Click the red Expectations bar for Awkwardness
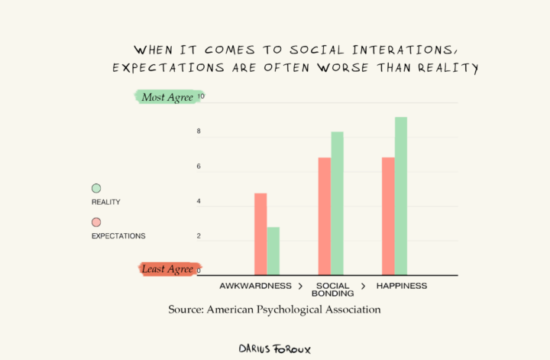coord(260,234)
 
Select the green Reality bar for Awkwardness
coord(273,251)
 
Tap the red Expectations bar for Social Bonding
coord(325,216)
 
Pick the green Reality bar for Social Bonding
coord(337,203)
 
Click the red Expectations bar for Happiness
coord(388,216)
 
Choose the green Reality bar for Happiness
coord(401,196)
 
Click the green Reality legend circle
coord(96,188)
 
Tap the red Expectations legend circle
coord(96,222)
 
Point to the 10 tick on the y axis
coord(200,97)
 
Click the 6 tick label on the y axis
coord(199,167)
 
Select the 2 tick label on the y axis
coord(199,236)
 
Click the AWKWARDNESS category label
coord(255,286)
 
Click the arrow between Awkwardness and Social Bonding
coord(301,286)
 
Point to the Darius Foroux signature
coord(275,349)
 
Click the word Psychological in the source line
coord(293,310)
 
